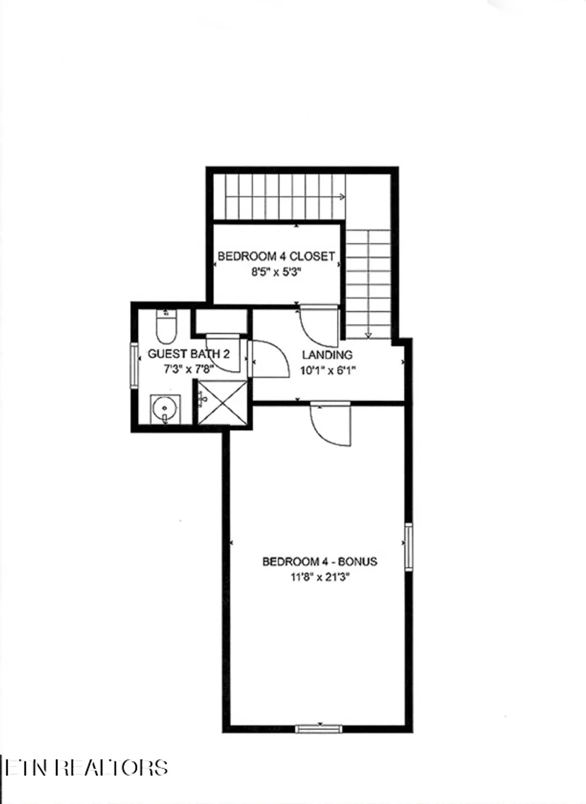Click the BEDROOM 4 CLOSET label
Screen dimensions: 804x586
pyautogui.click(x=276, y=256)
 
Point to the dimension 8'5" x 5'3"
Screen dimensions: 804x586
pyautogui.click(x=276, y=272)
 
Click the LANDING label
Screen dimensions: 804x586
pyautogui.click(x=327, y=354)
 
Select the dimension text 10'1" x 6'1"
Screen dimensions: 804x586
pyautogui.click(x=328, y=370)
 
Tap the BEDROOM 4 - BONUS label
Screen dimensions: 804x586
pyautogui.click(x=319, y=561)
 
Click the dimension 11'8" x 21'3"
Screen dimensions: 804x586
pyautogui.click(x=320, y=577)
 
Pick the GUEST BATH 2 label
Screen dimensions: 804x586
pyautogui.click(x=189, y=354)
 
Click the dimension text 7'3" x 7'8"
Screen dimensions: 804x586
pyautogui.click(x=189, y=369)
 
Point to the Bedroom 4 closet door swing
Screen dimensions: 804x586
pyautogui.click(x=318, y=326)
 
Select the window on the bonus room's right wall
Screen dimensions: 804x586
pyautogui.click(x=409, y=546)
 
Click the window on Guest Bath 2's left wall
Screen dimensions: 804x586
pyautogui.click(x=134, y=365)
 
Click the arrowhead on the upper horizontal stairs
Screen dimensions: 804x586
pyautogui.click(x=342, y=197)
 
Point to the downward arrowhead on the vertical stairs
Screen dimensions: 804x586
pyautogui.click(x=368, y=335)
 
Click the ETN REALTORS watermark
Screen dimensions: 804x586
pyautogui.click(x=86, y=768)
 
